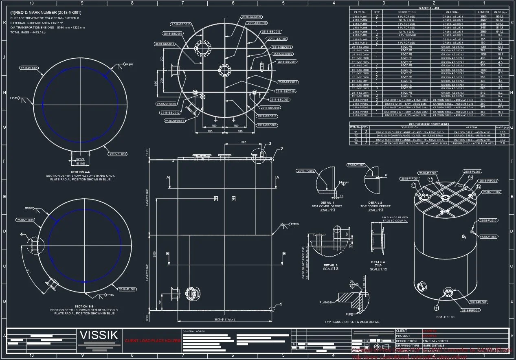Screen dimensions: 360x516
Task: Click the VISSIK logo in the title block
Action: [99, 336]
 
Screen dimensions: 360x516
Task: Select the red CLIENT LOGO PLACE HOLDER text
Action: [153, 340]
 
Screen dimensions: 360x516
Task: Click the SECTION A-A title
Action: [80, 172]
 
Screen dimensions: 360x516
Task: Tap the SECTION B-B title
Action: [84, 306]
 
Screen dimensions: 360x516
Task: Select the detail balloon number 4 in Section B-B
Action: [22, 234]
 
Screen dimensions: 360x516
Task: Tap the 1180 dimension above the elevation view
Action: [243, 143]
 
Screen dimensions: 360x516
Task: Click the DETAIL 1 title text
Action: [327, 202]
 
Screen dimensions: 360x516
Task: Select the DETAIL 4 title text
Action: [378, 262]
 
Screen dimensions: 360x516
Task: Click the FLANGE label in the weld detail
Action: [326, 303]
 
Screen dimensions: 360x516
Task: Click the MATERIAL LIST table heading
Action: [429, 8]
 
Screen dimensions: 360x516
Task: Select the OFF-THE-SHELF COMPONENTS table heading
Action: [429, 124]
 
